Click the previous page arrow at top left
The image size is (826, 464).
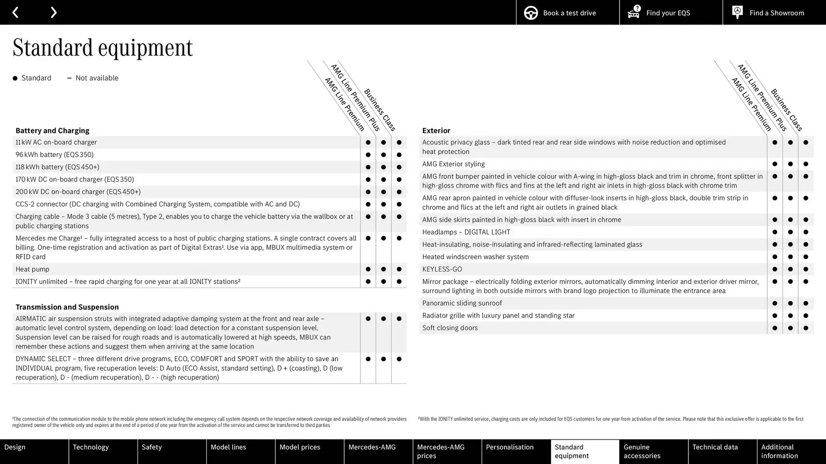[x=15, y=12]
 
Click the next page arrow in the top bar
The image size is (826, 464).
[x=53, y=12]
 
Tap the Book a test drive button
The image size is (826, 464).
[x=567, y=12]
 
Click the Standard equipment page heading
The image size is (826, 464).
[x=102, y=47]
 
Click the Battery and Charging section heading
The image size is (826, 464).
[x=52, y=130]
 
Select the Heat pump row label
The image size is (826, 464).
[x=32, y=269]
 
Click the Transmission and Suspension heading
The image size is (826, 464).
[x=67, y=307]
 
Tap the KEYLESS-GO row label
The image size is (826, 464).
[x=442, y=269]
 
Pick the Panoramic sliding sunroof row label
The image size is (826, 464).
[x=462, y=303]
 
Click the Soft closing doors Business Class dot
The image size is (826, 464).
[x=805, y=328]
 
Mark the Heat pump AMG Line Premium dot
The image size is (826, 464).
[x=368, y=269]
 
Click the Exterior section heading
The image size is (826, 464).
[x=436, y=130]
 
